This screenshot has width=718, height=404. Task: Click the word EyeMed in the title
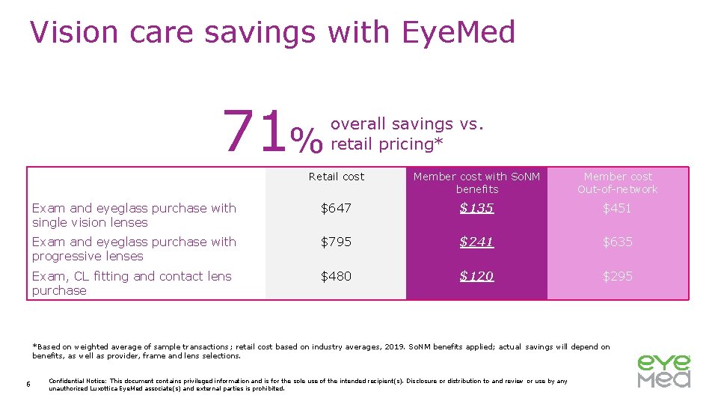coord(458,33)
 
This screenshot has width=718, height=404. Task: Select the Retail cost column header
coord(336,177)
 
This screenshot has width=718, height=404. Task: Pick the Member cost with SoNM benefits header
coord(476,183)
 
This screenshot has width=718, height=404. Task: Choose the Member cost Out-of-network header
coord(618,183)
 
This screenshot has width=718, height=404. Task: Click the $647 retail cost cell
coord(336,209)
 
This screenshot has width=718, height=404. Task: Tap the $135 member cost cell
coord(476,209)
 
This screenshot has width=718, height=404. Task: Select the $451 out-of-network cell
coord(618,209)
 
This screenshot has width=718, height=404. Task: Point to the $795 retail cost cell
coord(336,242)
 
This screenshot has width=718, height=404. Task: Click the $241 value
coord(476,242)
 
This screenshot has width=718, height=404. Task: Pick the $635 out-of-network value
coord(618,242)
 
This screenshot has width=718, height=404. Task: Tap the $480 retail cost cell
coord(336,277)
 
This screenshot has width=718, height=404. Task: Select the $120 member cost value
coord(476,277)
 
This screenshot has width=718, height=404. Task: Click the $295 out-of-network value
coord(618,277)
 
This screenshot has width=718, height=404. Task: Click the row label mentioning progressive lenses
coord(134,249)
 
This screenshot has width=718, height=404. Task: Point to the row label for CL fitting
coord(132,284)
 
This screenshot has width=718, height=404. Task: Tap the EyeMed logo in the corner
coord(663,371)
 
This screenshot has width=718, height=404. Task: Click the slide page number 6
coord(27,385)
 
